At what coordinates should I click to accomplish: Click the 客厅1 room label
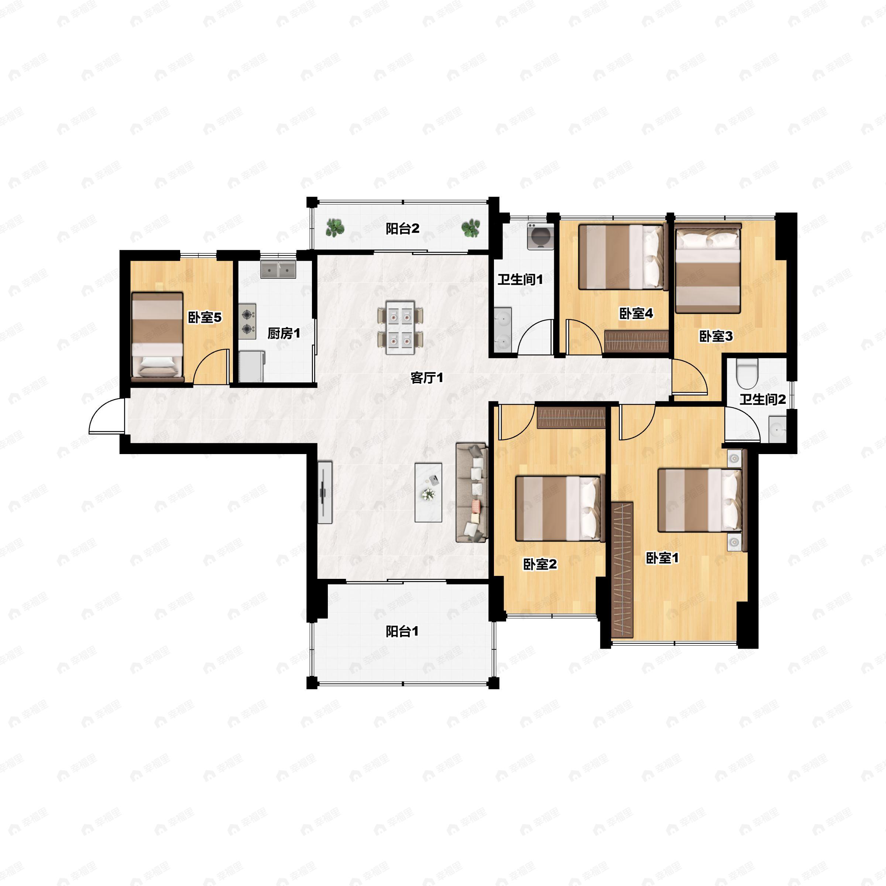tap(426, 378)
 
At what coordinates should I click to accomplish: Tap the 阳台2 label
tap(402, 229)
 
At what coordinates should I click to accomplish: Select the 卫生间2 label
tap(763, 399)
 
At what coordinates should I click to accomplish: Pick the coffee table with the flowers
tap(428, 492)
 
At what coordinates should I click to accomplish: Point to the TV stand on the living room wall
tap(325, 492)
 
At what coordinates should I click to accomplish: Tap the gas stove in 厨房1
tap(248, 322)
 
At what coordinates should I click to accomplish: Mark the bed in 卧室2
tap(558, 508)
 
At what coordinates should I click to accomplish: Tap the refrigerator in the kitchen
tap(252, 366)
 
